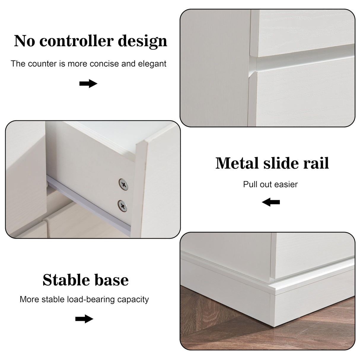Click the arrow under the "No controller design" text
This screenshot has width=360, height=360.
(x=88, y=84)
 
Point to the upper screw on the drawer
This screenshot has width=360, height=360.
(x=123, y=184)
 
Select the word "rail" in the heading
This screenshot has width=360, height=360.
(x=316, y=163)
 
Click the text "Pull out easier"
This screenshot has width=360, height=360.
(x=270, y=184)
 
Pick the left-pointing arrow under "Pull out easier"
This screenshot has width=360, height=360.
(x=271, y=203)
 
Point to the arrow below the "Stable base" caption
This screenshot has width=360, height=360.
(x=84, y=319)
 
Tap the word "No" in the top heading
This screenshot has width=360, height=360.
(x=25, y=41)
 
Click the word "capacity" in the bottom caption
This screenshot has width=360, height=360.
(x=133, y=300)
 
